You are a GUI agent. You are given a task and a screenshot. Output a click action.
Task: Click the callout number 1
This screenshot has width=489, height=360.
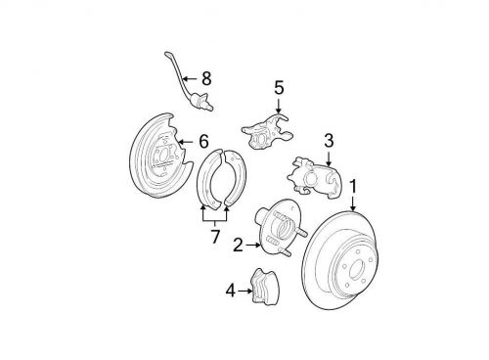coord(353,188)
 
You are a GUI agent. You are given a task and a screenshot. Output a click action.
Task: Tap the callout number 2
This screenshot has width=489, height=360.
coord(238,245)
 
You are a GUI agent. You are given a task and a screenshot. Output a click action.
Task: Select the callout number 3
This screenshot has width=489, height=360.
coord(329,141)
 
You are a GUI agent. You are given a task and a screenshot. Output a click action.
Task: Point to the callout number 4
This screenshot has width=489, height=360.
coord(231,291)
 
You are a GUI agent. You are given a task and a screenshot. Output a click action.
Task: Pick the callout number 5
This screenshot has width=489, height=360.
coord(279,88)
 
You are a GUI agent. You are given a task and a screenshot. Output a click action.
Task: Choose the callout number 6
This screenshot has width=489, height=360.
coord(203,142)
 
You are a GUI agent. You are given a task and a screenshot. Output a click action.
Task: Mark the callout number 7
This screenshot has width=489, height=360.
coord(215,237)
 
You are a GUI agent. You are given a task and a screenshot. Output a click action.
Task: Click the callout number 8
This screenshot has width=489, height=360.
coord(206,78)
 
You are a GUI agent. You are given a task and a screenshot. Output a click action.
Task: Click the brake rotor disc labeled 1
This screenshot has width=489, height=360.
coord(340,261)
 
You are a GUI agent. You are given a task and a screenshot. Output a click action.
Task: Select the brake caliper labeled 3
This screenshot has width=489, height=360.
coord(314,178)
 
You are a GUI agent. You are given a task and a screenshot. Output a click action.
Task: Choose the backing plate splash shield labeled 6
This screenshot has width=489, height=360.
coord(156,156)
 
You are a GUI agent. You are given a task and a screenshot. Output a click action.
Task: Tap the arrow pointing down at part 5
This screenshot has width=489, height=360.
coord(278,106)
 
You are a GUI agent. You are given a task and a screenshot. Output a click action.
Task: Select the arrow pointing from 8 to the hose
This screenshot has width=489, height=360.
coord(190,78)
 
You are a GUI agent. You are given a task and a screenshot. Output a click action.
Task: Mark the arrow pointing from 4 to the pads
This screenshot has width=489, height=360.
coord(245,291)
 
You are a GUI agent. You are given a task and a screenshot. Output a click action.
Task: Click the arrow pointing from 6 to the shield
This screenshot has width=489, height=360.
coord(187,142)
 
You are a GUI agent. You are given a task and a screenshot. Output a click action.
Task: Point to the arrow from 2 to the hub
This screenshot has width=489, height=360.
coord(253,245)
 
